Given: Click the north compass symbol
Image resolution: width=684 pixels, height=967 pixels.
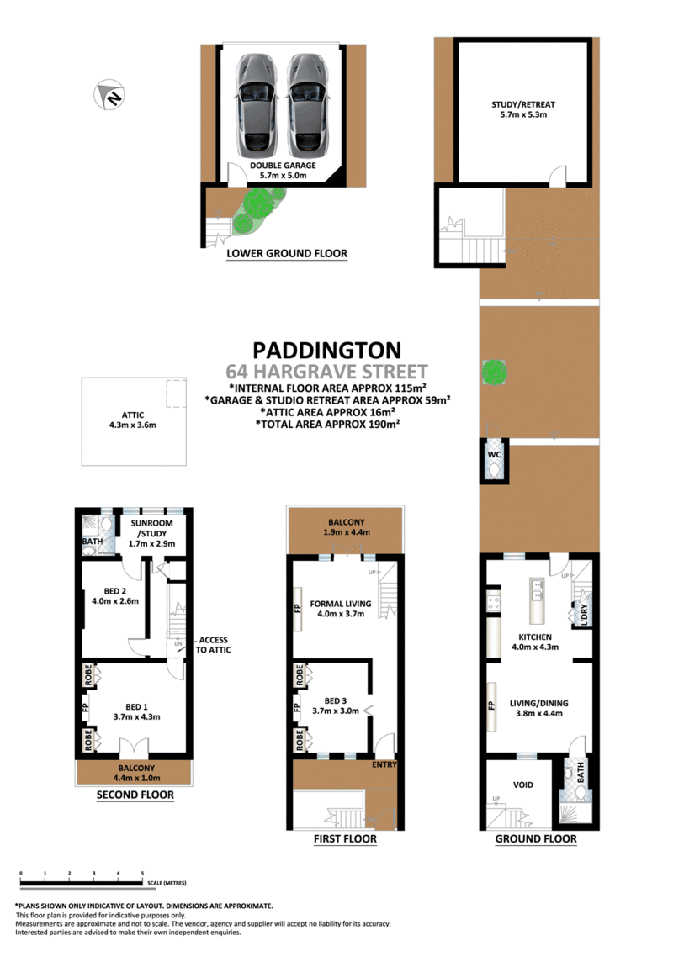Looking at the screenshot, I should point(109,94).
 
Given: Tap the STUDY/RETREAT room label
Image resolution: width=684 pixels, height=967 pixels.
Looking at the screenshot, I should point(523,109).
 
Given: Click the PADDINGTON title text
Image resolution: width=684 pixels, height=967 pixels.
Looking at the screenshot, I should point(327,350).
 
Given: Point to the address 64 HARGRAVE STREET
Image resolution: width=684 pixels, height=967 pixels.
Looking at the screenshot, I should point(327,371).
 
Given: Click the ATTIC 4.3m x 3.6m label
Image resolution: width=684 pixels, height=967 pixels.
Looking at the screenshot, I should point(133,420).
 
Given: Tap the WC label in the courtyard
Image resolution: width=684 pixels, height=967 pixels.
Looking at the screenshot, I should point(495,455).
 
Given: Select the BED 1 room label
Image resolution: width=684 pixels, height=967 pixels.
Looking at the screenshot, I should point(138,711).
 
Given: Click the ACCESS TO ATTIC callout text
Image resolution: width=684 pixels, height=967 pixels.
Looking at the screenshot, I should point(213,645).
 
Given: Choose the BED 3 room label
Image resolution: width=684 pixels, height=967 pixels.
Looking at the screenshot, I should point(340,705).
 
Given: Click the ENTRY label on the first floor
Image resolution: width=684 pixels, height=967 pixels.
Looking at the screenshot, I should point(384,764).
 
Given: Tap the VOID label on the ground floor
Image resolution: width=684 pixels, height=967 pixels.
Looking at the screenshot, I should point(522,785).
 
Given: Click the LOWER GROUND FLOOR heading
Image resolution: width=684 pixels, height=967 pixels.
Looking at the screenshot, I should point(287,253).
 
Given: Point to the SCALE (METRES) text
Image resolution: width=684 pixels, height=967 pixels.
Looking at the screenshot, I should point(166,883).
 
